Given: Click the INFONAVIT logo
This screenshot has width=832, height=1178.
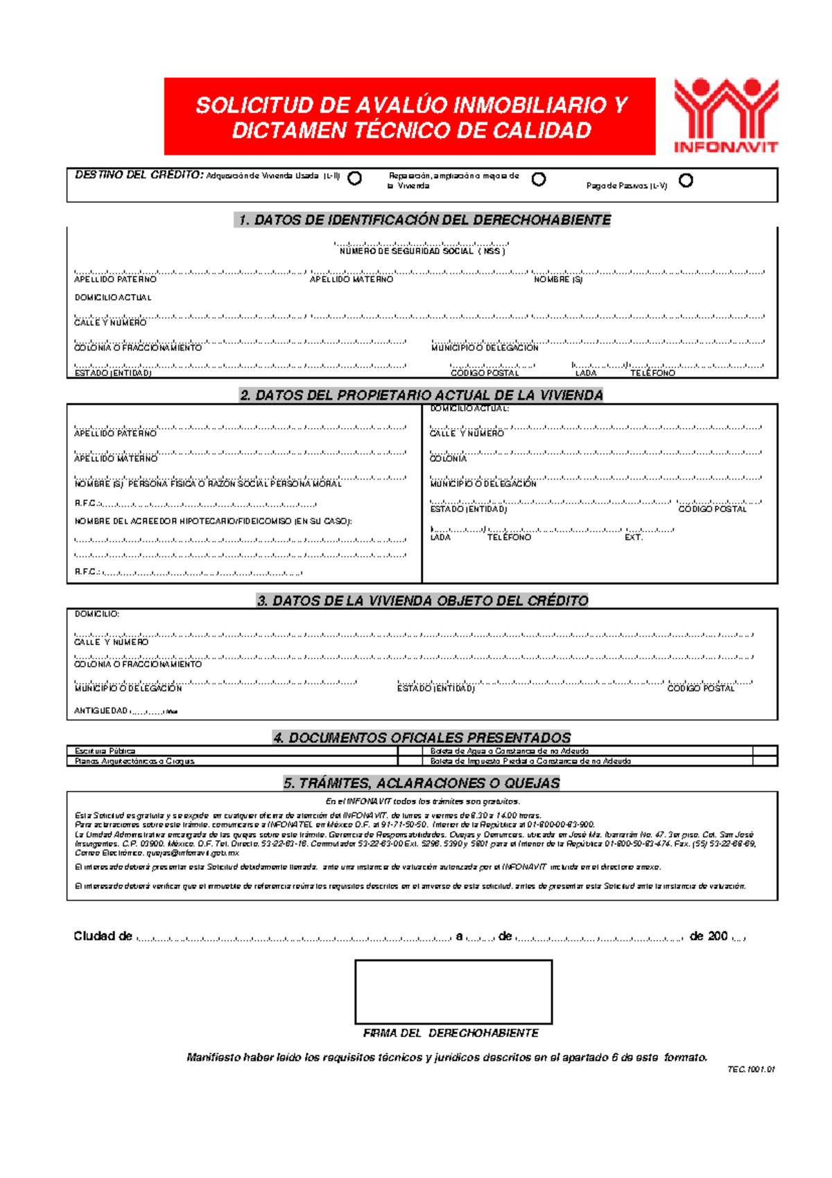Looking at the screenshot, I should coord(726,115).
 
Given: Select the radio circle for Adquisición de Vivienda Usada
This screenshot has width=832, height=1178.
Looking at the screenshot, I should coord(354,178).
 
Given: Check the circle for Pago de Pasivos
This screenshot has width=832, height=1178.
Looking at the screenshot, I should coord(686,180).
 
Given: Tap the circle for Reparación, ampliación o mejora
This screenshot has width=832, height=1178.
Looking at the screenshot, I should coord(538,179).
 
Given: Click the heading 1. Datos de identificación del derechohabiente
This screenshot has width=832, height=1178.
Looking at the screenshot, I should coord(424,220).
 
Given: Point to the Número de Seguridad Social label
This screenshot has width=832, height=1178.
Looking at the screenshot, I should coord(422,251).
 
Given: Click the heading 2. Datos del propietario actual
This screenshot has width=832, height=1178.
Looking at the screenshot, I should coord(421,395).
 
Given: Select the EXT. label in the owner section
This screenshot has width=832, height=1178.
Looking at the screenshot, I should coord(634,538).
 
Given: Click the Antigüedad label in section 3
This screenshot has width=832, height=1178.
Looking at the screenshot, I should coord(101,711).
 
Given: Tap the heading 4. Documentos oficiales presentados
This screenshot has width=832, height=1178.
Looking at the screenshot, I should coord(422,737).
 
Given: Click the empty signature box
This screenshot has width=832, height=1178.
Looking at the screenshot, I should coord(453,992).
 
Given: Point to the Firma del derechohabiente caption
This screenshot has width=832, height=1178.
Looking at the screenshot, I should coord(451,1033).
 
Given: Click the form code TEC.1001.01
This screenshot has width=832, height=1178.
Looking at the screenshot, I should coord(751,1069).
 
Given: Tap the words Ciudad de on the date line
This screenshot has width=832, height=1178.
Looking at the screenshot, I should coord(103,936).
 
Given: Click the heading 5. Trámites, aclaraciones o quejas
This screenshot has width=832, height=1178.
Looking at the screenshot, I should coord(422,783).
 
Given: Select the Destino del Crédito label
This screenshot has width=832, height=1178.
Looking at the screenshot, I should coord(139,175).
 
